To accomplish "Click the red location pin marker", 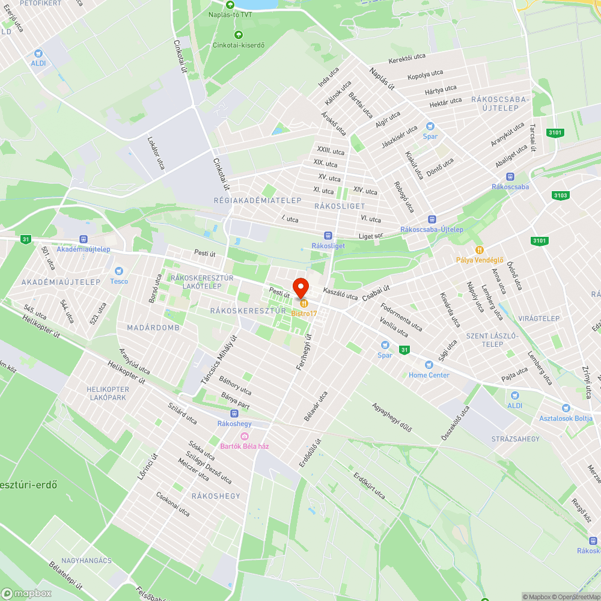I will pyautogui.click(x=300, y=286).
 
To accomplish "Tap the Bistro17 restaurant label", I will pyautogui.click(x=304, y=313).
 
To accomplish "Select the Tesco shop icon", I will pyautogui.click(x=118, y=271).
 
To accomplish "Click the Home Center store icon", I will pyautogui.click(x=429, y=365).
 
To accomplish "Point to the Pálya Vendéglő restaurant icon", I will pyautogui.click(x=479, y=249).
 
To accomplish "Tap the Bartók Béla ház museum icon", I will pyautogui.click(x=244, y=436).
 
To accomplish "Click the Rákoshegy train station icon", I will pyautogui.click(x=234, y=413).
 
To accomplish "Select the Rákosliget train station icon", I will pyautogui.click(x=328, y=236).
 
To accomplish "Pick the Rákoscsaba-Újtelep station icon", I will pyautogui.click(x=432, y=219).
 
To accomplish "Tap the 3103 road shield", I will pyautogui.click(x=560, y=195).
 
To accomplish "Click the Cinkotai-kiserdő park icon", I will pyautogui.click(x=239, y=35).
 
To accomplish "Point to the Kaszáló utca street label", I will pyautogui.click(x=340, y=293).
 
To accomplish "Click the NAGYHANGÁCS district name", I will pyautogui.click(x=87, y=561).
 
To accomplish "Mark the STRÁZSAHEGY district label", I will pyautogui.click(x=515, y=439).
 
